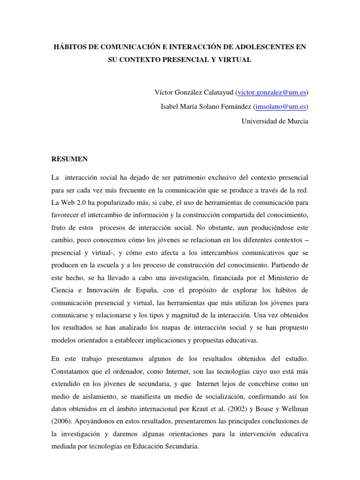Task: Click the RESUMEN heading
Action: (x=69, y=159)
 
